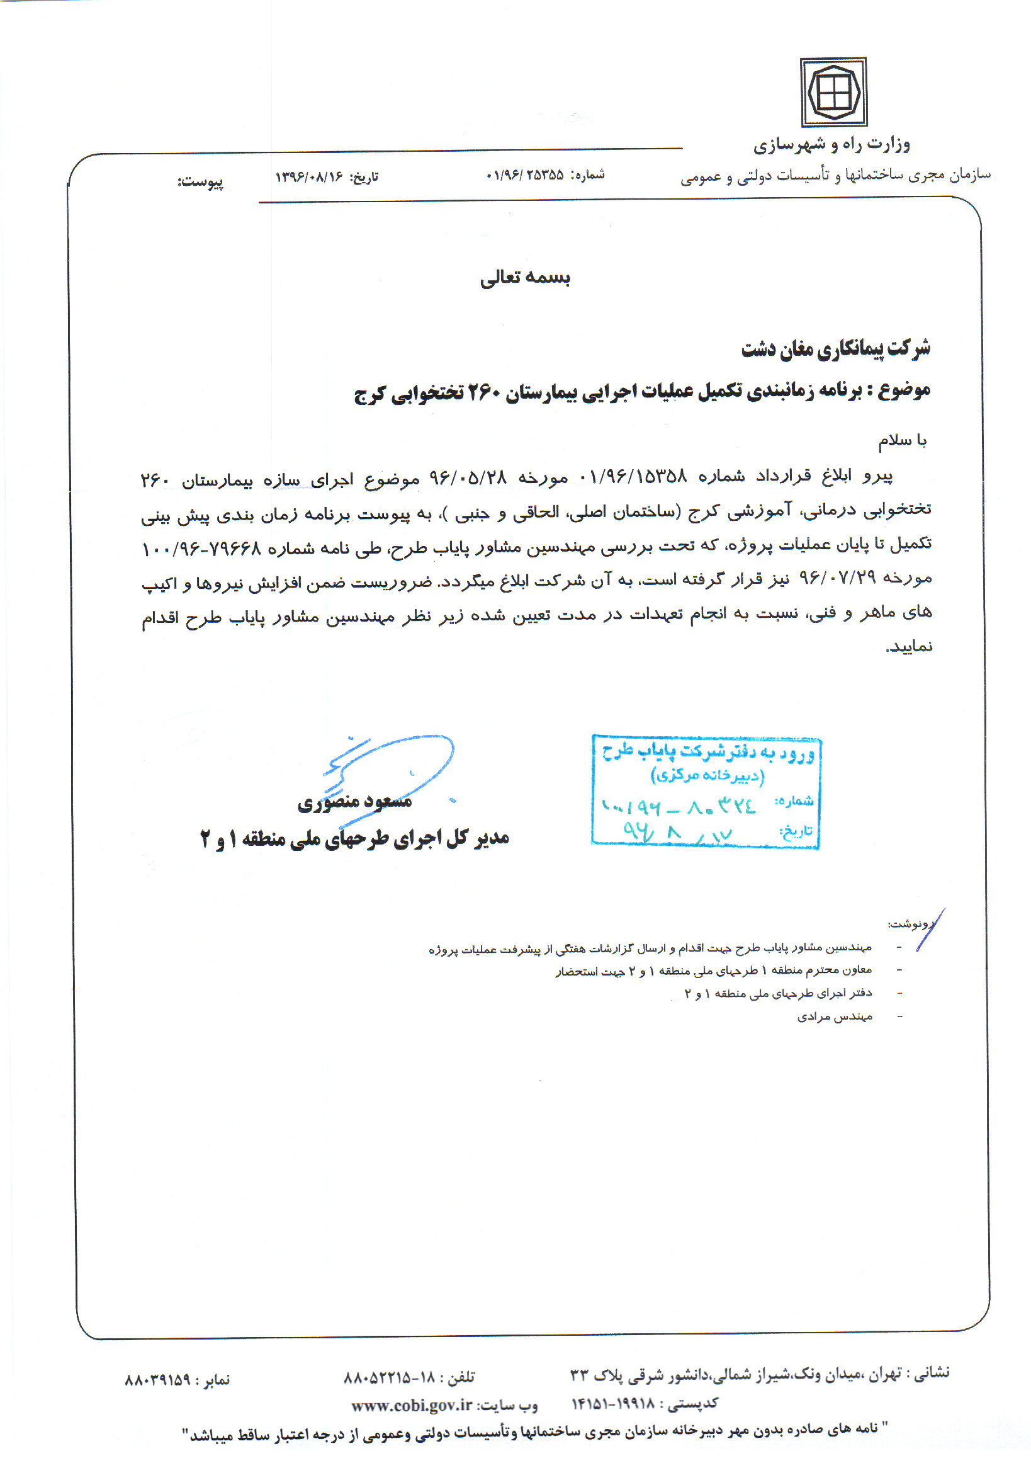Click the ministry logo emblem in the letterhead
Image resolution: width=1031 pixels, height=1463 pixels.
coord(833,93)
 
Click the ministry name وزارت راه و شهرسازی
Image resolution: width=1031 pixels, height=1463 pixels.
coord(831,145)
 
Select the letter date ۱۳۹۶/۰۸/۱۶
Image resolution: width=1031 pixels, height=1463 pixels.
coord(310,176)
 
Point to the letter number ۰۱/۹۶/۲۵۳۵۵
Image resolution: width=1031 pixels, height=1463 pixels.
coord(525,174)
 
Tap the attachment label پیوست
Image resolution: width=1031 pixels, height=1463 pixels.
coord(201,181)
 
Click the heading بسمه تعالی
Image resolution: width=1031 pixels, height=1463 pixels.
coord(525,277)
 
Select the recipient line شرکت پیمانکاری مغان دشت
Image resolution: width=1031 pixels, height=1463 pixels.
coord(835,348)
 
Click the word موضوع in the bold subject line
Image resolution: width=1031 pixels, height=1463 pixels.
coord(904,390)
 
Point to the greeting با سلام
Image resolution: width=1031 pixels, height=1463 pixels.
coord(903,440)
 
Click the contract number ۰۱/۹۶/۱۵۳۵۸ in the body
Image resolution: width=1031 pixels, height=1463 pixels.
coord(633,476)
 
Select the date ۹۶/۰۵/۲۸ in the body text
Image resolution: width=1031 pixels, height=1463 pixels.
coord(468,477)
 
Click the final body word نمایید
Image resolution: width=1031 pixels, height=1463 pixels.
coord(909,647)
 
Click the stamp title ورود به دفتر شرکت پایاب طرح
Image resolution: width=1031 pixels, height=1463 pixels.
coord(707,753)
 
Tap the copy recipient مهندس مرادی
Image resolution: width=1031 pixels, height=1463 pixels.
coord(834,1017)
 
